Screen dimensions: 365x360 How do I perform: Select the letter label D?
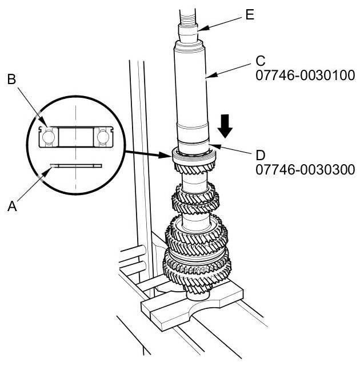261,154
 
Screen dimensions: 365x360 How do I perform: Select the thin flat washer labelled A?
75,166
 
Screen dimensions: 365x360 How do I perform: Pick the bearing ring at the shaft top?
193,154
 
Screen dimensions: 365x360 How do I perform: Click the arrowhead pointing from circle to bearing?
166,153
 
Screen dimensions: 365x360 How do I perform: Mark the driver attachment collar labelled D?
194,144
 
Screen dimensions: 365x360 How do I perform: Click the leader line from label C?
234,68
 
